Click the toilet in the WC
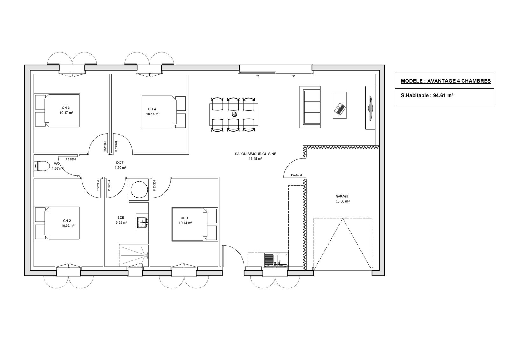[41, 166]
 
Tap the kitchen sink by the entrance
[276, 259]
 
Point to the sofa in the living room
[310, 107]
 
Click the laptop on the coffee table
[339, 108]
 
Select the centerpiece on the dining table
[234, 114]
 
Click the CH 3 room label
[66, 108]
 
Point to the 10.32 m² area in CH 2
[68, 225]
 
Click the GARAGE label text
[342, 196]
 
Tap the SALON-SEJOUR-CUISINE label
[255, 154]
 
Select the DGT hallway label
[120, 163]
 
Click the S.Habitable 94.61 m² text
[427, 96]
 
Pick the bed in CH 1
[195, 224]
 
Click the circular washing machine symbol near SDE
[139, 189]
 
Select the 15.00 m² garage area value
[342, 201]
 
